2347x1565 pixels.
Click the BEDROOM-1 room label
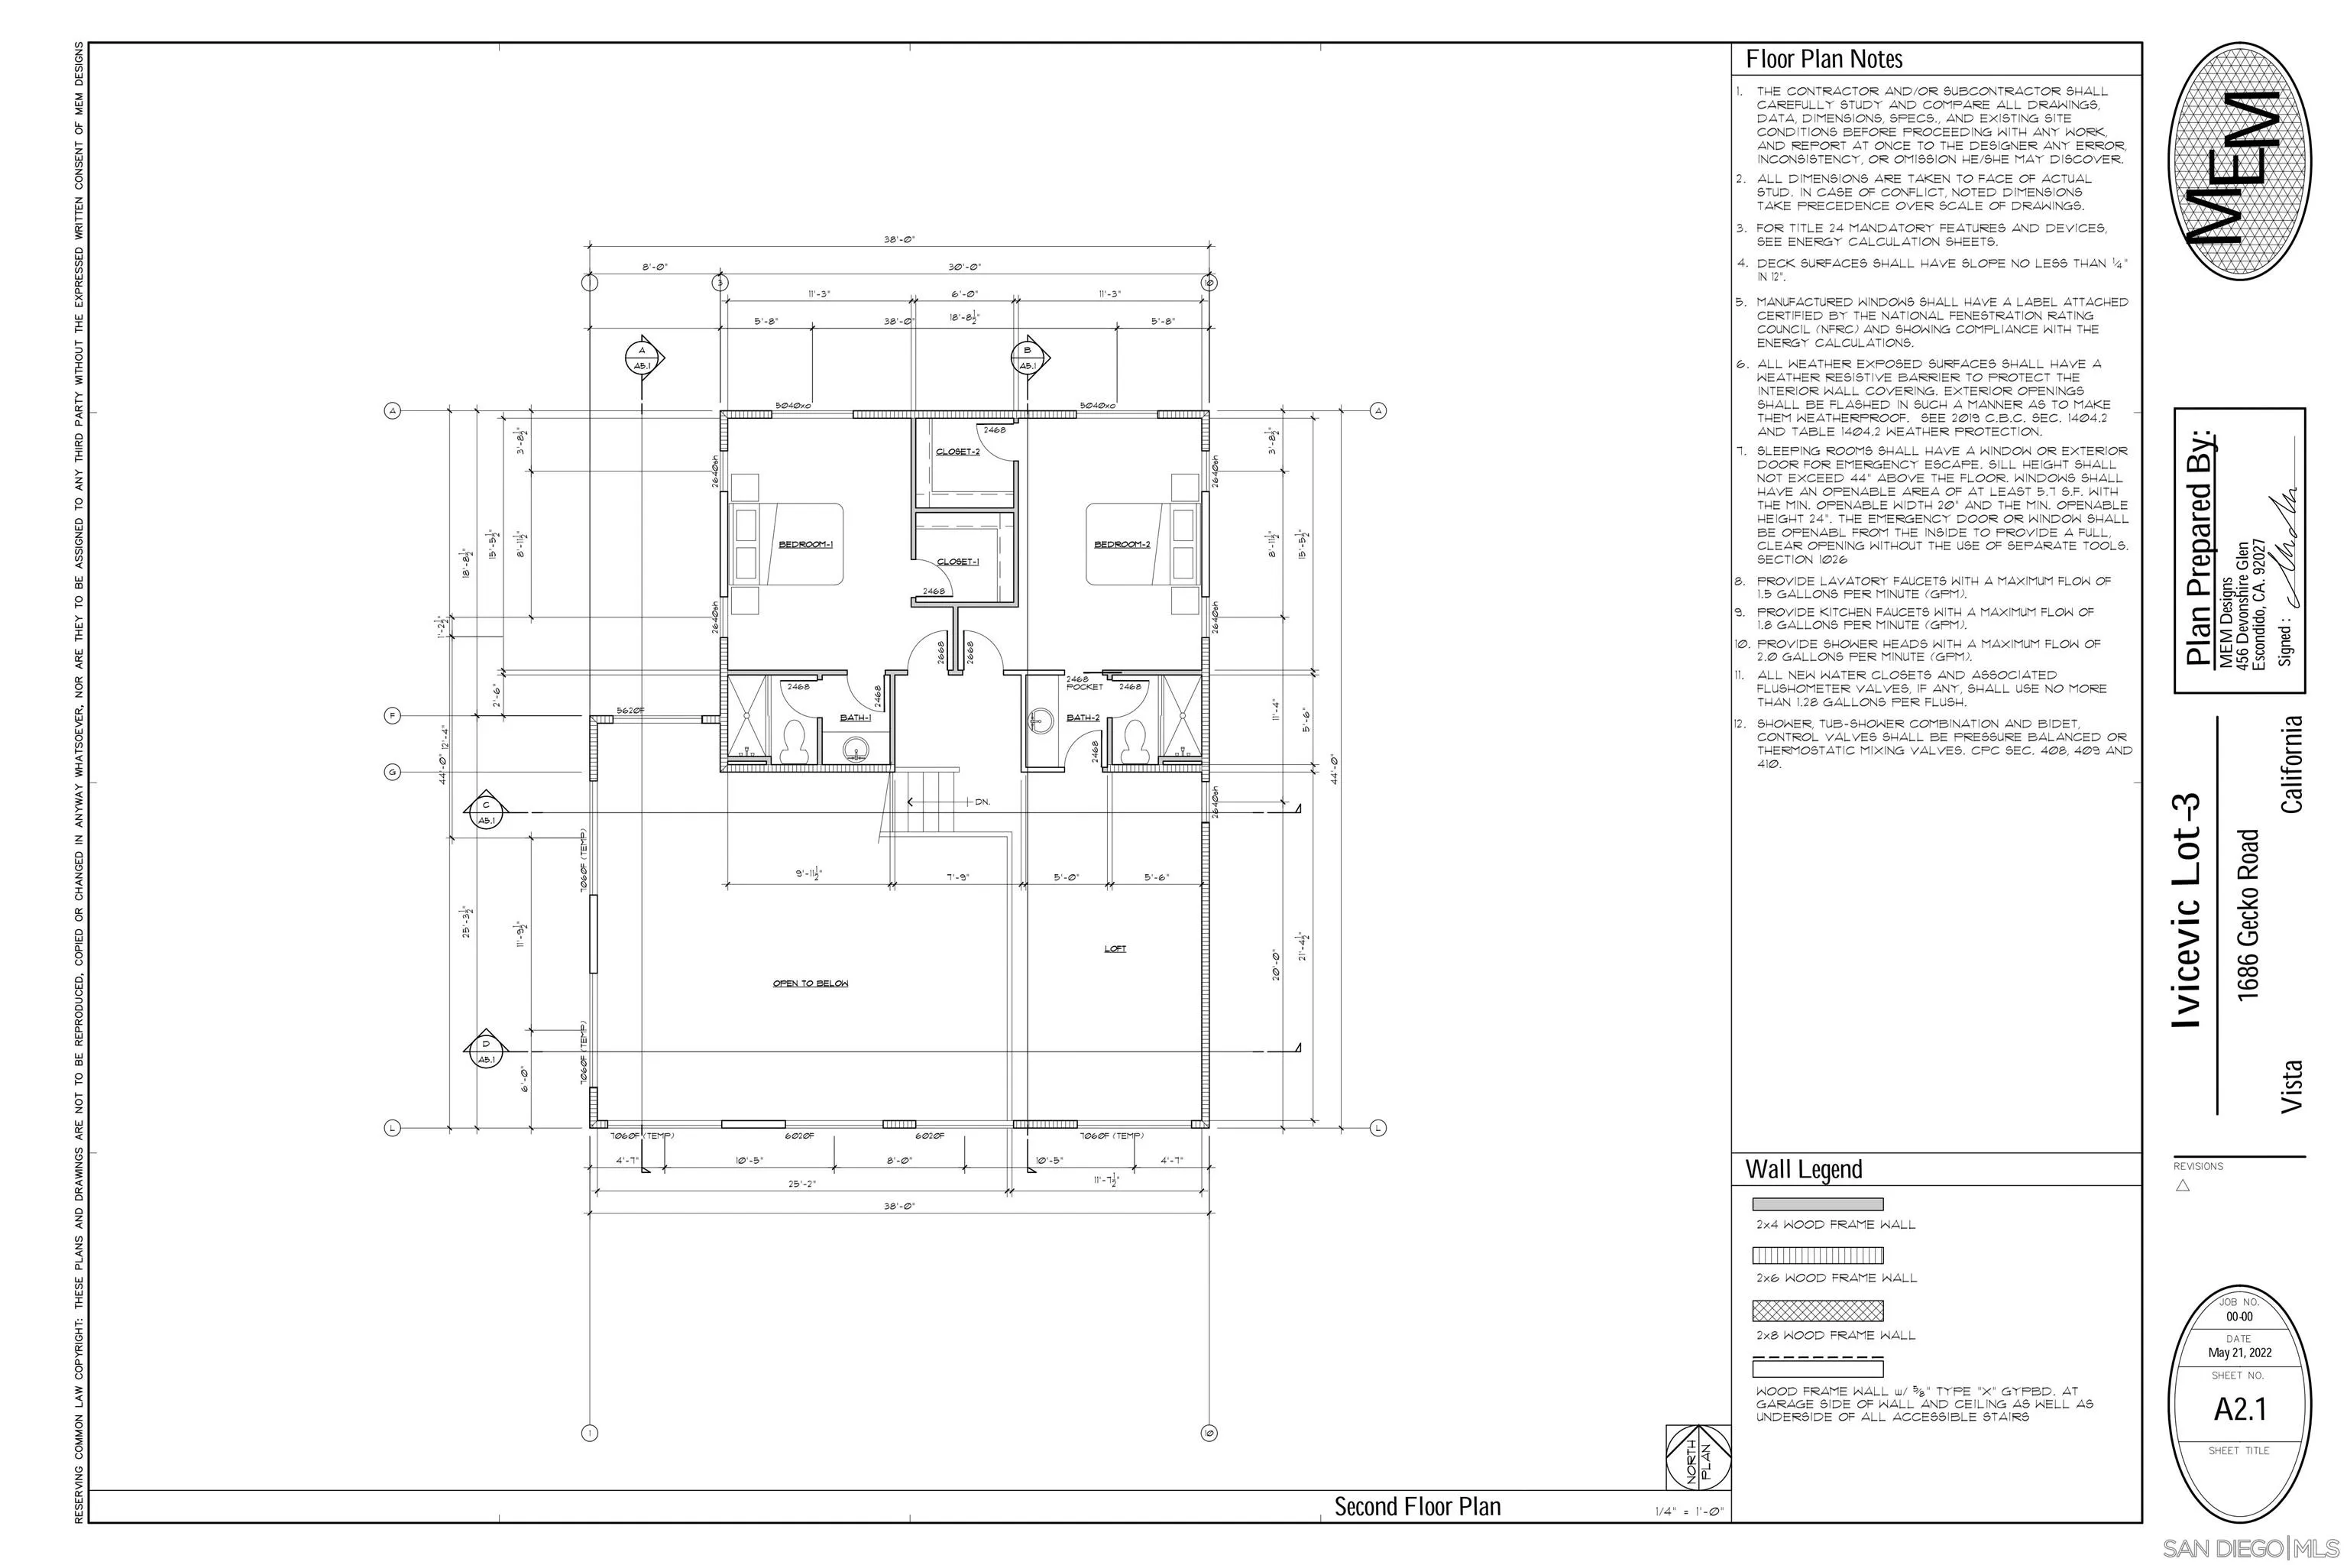coord(805,545)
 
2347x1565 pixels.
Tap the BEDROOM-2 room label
coord(1122,545)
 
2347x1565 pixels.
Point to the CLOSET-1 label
coord(957,562)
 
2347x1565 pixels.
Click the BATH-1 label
coord(855,718)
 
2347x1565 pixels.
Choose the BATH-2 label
coord(1083,718)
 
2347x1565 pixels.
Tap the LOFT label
coord(1115,948)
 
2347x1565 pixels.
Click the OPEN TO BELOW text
coord(811,983)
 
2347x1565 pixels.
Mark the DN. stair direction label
coord(982,802)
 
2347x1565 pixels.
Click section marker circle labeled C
coord(486,812)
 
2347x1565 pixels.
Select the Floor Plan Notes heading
coord(1824,60)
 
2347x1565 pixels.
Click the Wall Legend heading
coord(1803,1168)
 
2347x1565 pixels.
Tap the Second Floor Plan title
coord(1417,1506)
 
